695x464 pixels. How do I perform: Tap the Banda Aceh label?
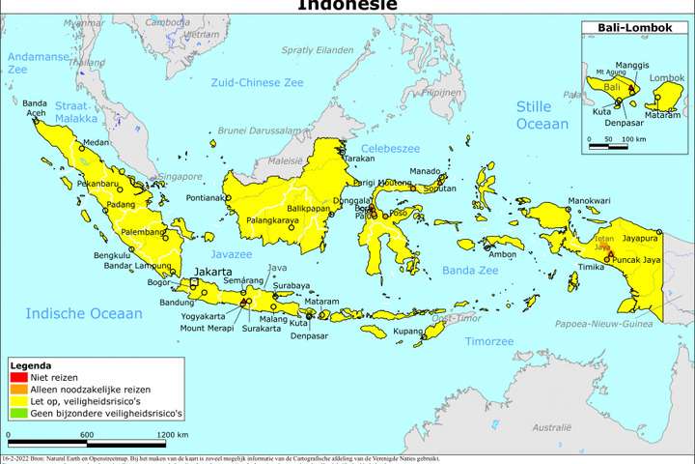click(x=35, y=107)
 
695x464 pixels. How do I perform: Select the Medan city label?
click(x=97, y=142)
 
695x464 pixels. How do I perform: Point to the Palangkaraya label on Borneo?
click(x=275, y=220)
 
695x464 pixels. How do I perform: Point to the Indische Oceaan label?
click(x=84, y=313)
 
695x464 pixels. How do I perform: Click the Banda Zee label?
click(x=469, y=271)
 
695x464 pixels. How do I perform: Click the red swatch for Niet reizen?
click(x=19, y=378)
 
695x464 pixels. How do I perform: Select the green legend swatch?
click(x=19, y=414)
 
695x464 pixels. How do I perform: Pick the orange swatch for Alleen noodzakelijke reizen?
click(x=19, y=390)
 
